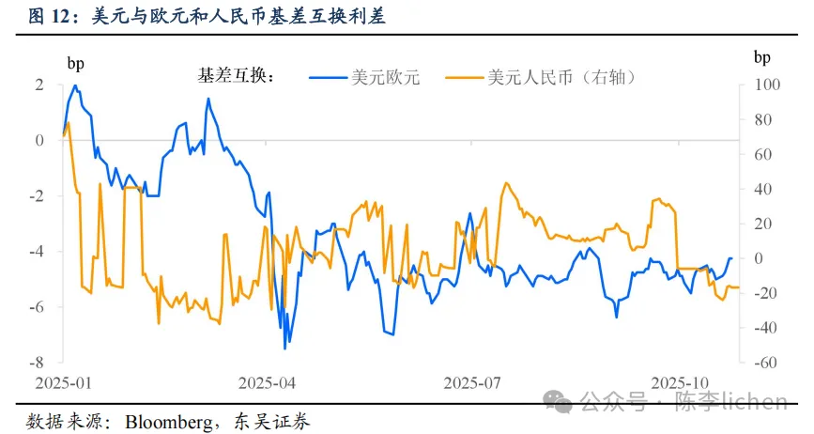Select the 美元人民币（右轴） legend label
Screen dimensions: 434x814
(562, 78)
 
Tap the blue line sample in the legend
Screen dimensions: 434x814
(329, 78)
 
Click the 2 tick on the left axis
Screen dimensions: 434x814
(39, 85)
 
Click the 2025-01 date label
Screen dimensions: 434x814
(64, 383)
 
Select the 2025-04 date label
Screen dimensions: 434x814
(268, 383)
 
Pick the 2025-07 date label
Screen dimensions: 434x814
(472, 383)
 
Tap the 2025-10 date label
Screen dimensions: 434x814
(680, 383)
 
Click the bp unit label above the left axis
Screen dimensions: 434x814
(74, 63)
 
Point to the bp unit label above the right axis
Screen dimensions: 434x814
(762, 56)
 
